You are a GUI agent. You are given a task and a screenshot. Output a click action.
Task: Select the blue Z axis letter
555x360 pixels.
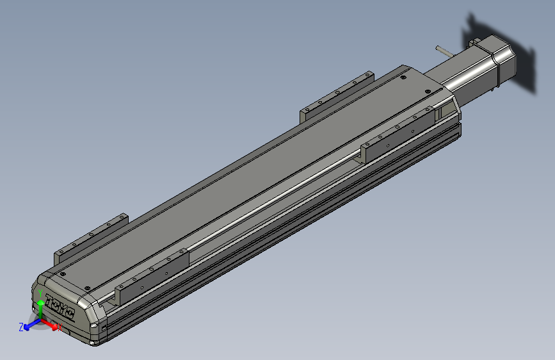pyautogui.click(x=21, y=327)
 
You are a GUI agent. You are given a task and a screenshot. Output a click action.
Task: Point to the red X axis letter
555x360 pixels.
pyautogui.click(x=60, y=328)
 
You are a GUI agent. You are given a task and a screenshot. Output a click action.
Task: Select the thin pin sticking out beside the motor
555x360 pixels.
pyautogui.click(x=442, y=50)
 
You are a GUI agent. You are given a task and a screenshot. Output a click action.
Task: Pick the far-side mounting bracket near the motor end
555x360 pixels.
pyautogui.click(x=336, y=96)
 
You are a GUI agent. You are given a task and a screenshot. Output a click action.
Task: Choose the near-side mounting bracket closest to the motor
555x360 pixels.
pyautogui.click(x=398, y=131)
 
